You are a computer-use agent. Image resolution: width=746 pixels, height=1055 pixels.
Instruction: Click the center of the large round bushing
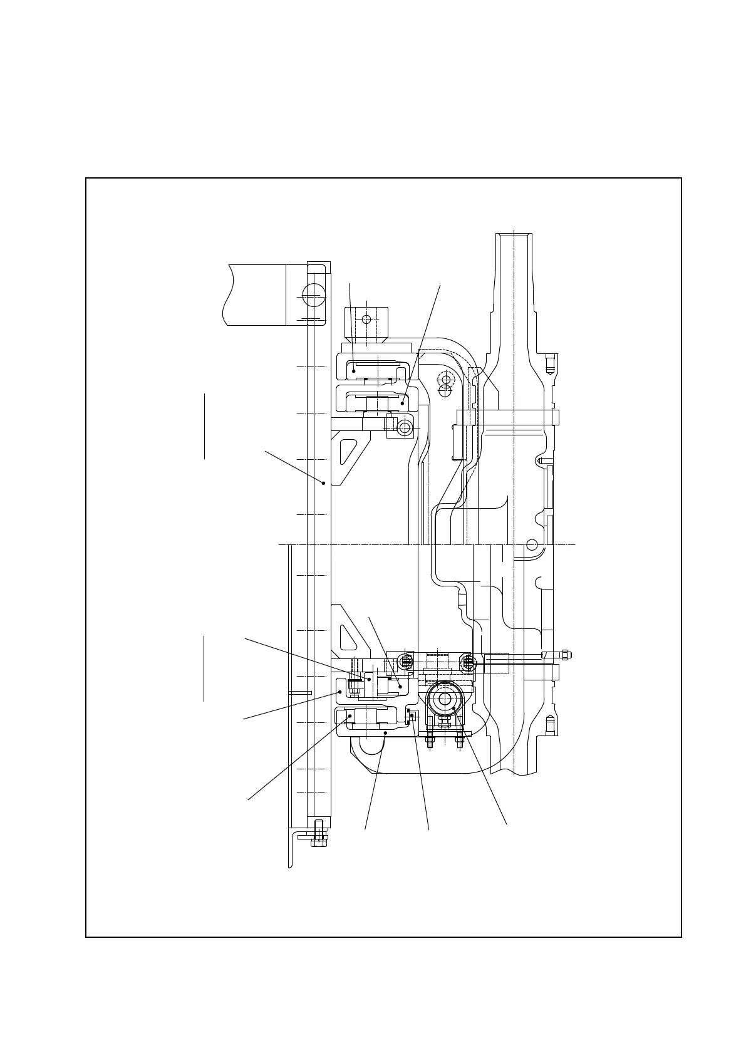tap(445, 699)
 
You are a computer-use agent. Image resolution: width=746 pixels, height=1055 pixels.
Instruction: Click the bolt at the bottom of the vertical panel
tap(319, 833)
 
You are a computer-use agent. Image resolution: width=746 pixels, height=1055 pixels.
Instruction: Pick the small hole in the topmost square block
tap(366, 319)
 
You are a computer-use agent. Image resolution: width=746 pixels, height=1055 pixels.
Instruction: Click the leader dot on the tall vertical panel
tap(323, 482)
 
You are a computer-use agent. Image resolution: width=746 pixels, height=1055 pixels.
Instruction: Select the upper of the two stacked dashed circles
tap(445, 380)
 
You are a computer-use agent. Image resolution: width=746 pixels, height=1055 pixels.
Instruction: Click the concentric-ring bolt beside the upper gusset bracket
tap(404, 429)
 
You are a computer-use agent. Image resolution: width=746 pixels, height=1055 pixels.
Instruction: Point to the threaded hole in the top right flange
tap(550, 363)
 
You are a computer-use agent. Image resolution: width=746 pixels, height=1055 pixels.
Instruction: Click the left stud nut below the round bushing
tap(430, 742)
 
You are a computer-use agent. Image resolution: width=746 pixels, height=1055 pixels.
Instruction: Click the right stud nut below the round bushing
tap(459, 742)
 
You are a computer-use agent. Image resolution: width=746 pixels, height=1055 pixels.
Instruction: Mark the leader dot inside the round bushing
tap(454, 709)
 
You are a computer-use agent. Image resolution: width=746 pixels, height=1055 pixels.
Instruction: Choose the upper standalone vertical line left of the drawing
tap(204, 426)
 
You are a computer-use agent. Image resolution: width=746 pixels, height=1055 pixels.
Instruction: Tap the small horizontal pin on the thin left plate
tap(300, 692)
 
